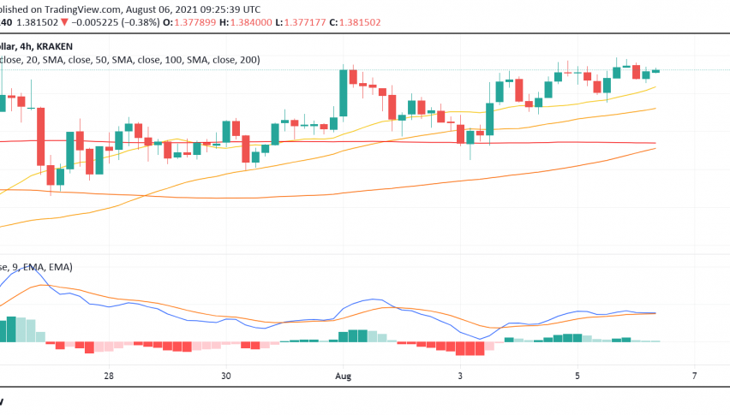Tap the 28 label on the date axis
[109, 376]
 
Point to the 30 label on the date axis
[226, 376]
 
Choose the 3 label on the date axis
[460, 376]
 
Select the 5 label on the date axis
[577, 376]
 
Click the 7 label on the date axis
[694, 376]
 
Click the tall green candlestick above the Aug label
[343, 92]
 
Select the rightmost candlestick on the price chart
[656, 71]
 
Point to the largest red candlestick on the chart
[40, 136]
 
